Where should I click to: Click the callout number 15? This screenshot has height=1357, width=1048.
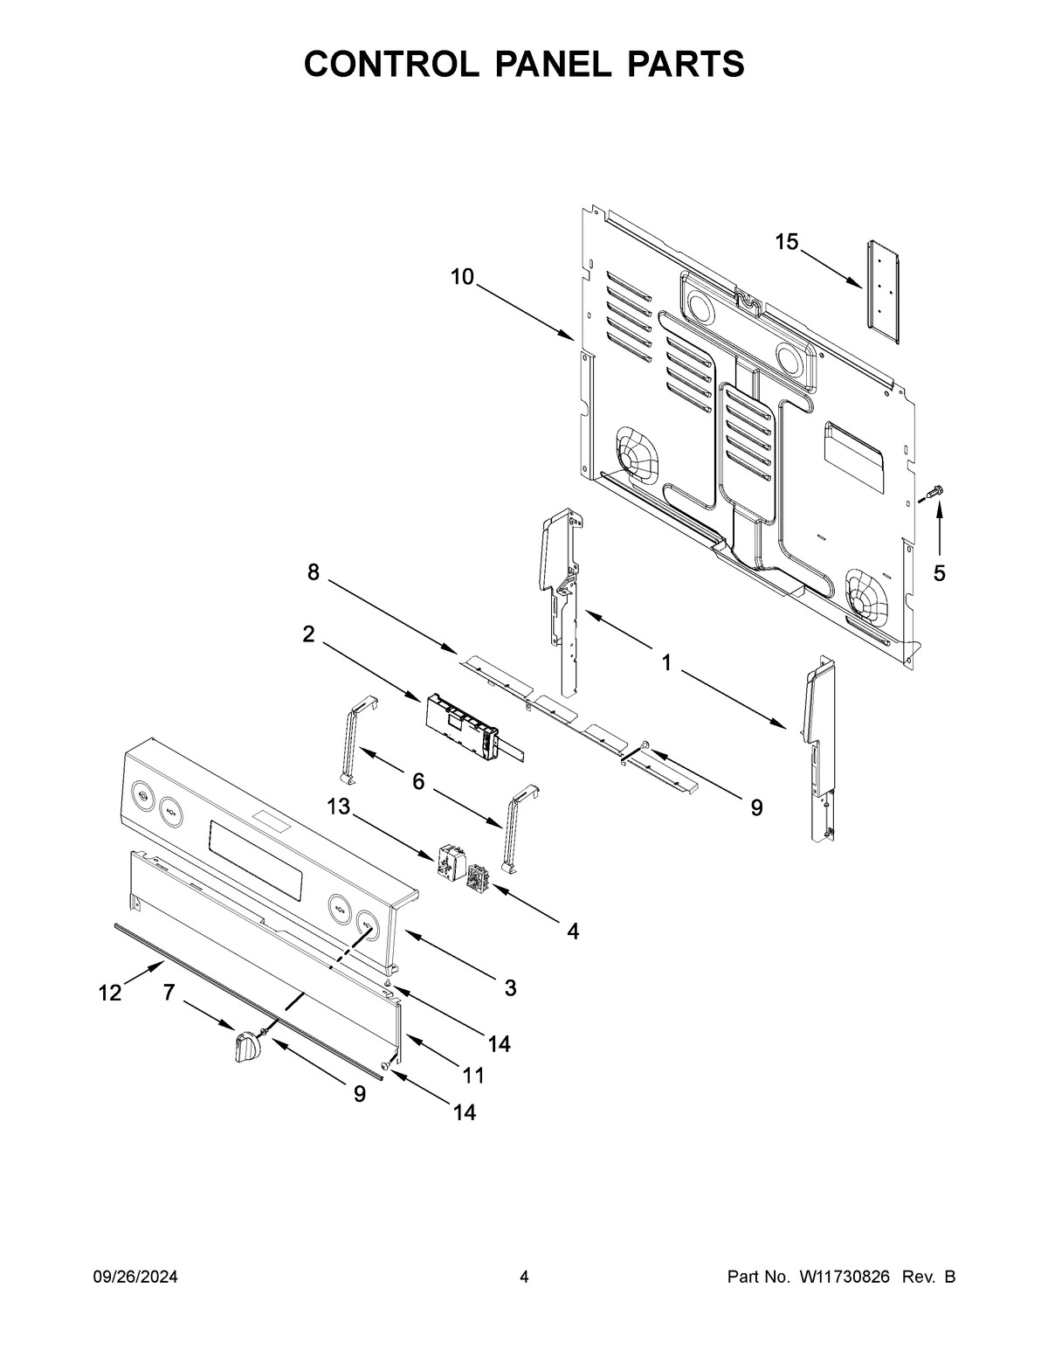[x=787, y=242]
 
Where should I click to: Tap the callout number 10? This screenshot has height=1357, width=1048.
[x=462, y=277]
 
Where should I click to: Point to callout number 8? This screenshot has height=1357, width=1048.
[x=313, y=572]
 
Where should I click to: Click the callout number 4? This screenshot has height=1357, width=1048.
[x=572, y=931]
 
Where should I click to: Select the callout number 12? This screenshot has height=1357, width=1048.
[x=110, y=993]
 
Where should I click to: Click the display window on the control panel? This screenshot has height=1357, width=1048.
[x=257, y=857]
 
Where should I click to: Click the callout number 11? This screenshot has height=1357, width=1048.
[x=472, y=1071]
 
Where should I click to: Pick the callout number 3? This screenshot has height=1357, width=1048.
[x=510, y=988]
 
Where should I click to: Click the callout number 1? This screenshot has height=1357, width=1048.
[x=665, y=663]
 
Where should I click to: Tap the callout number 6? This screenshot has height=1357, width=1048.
[x=418, y=781]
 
